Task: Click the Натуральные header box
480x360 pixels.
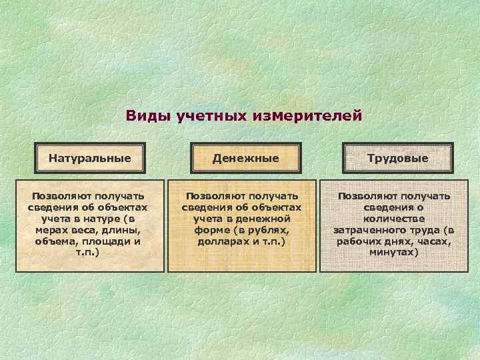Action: coord(89,159)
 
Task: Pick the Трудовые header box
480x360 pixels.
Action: coord(397,159)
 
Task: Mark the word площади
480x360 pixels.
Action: coord(108,241)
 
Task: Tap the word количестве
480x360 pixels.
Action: coord(393,218)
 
